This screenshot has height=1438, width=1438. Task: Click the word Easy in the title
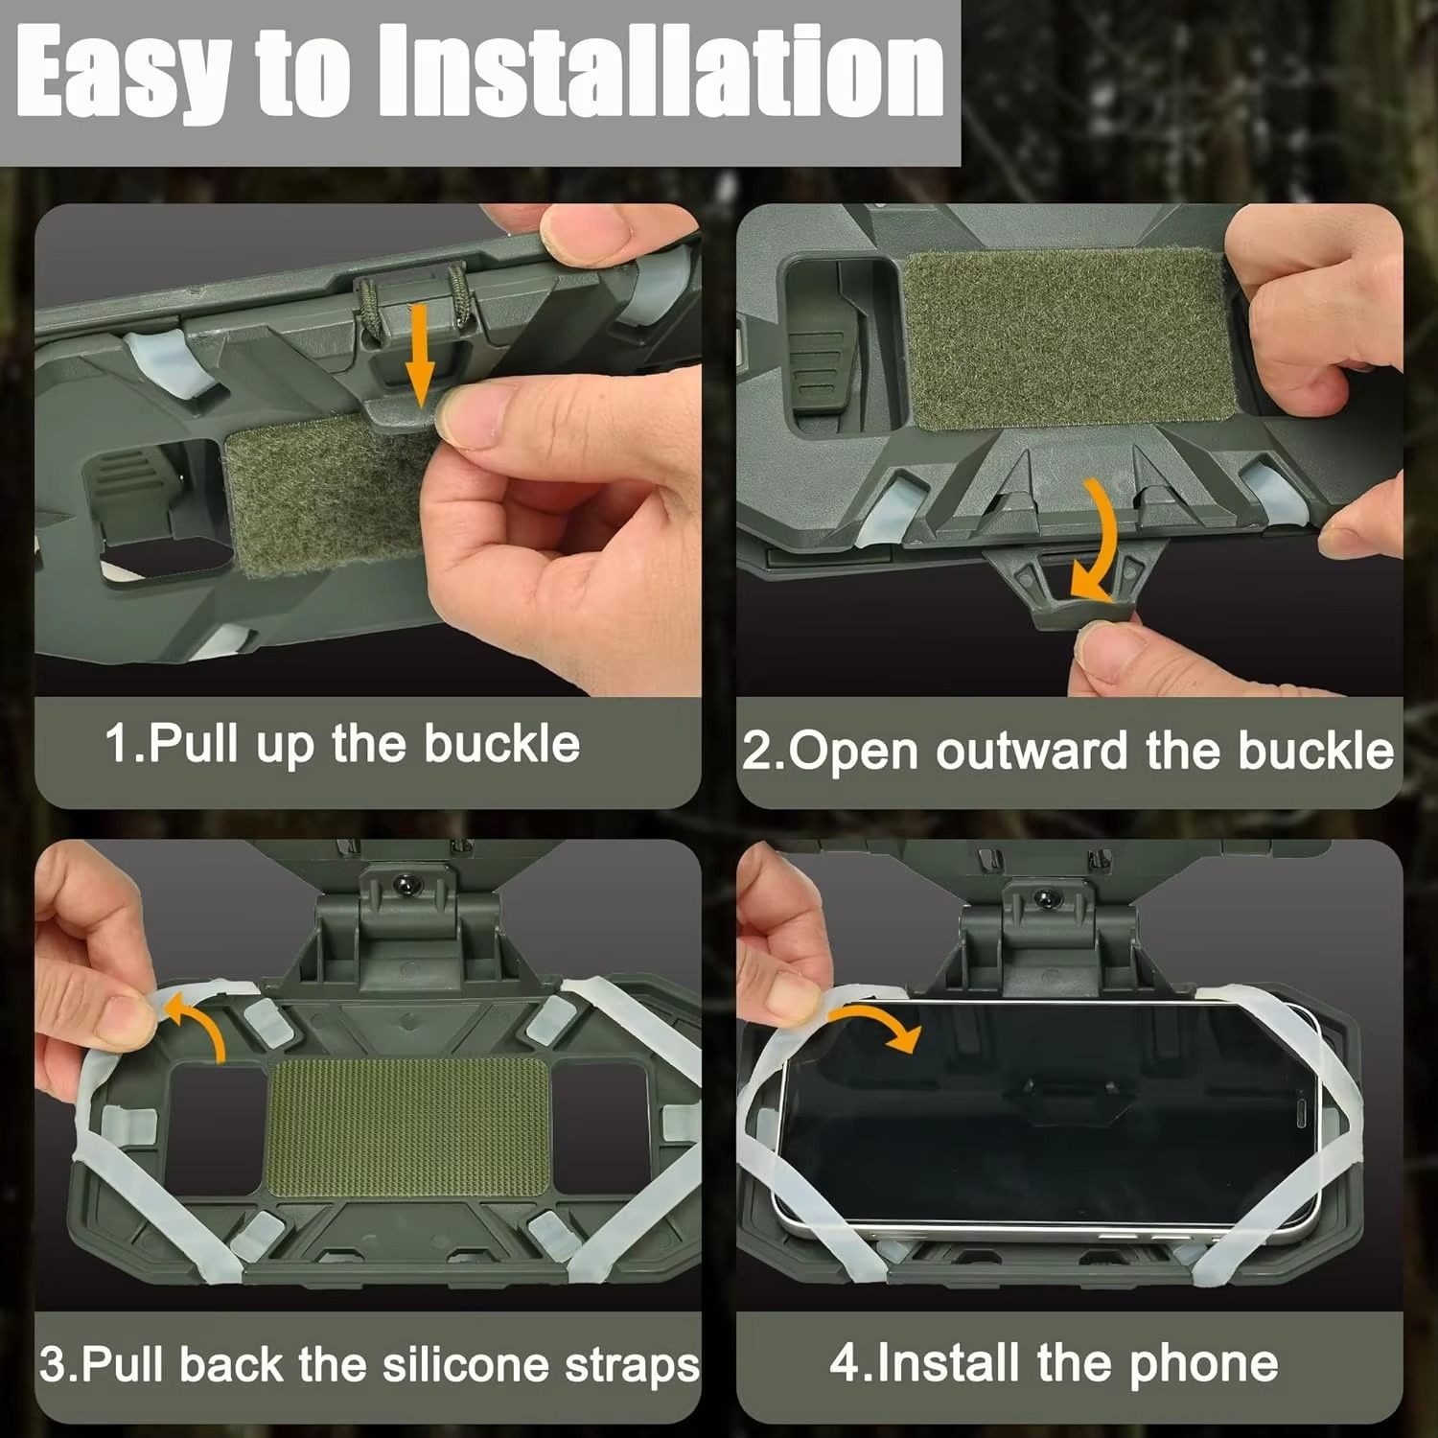tap(125, 75)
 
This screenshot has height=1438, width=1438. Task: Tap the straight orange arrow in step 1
tap(419, 355)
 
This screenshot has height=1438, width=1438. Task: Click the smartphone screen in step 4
tap(1045, 1112)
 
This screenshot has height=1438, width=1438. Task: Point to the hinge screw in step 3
tap(407, 882)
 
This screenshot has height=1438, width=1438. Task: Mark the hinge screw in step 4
tap(1046, 897)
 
